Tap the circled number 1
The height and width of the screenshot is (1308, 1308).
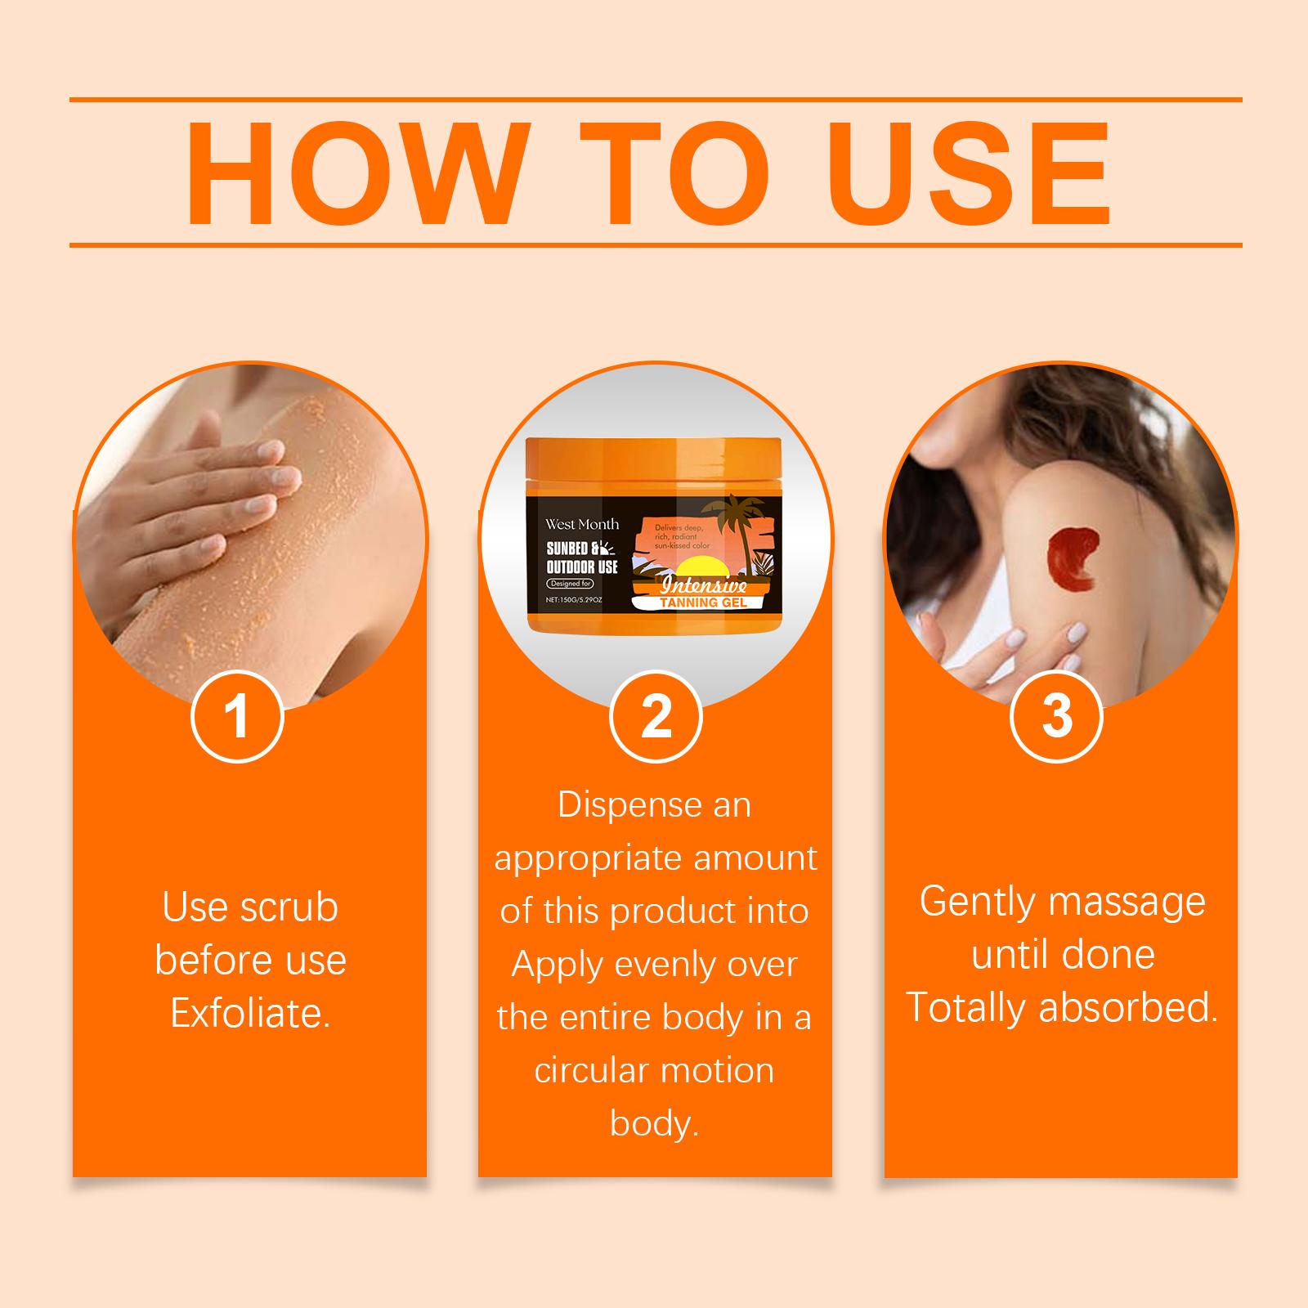tap(237, 716)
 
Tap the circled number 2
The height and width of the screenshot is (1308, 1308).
tap(656, 716)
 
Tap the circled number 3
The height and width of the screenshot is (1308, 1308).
tap(1057, 716)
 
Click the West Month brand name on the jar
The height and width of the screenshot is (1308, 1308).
tap(582, 524)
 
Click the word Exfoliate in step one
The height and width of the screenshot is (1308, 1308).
tap(249, 1014)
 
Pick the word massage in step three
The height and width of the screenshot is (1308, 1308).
tap(1128, 902)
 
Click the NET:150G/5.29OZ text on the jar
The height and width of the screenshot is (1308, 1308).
tap(574, 599)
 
